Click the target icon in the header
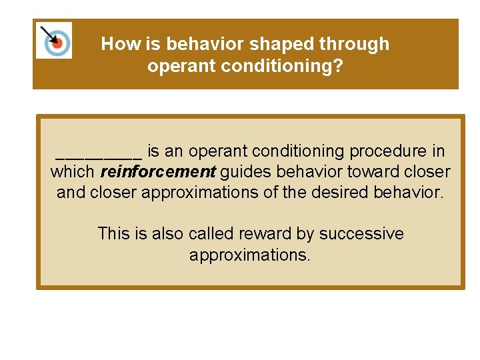(x=54, y=41)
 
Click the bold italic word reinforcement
(x=158, y=172)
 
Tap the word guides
(x=244, y=172)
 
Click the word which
(x=73, y=172)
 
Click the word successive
(x=361, y=234)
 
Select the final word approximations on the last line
(x=249, y=255)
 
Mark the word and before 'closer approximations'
(x=71, y=193)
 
